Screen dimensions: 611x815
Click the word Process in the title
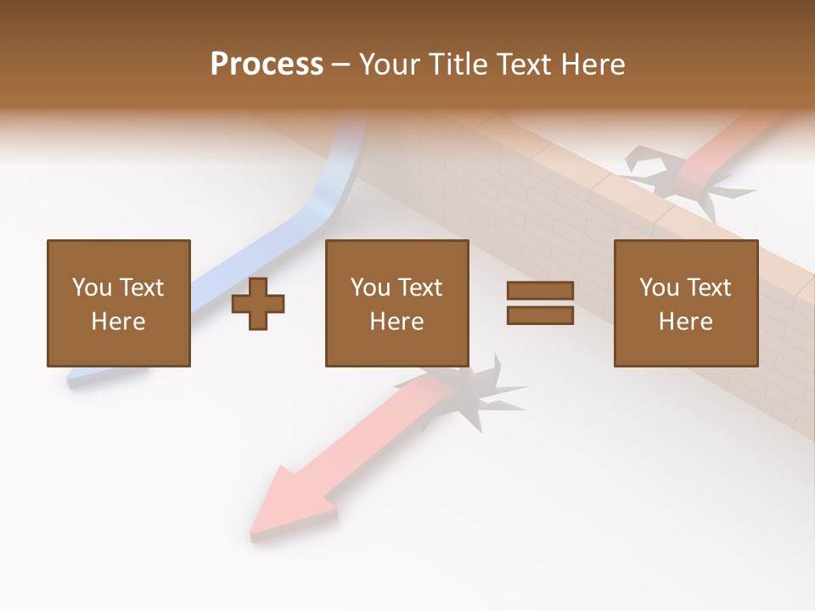[x=267, y=64]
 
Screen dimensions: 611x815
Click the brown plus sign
[x=258, y=304]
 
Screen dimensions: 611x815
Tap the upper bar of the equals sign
[x=540, y=290]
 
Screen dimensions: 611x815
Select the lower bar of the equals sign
[x=540, y=316]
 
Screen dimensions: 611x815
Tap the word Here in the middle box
[x=396, y=322]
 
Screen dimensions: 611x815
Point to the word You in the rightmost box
[x=659, y=288]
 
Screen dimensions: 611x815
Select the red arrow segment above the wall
[x=722, y=144]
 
